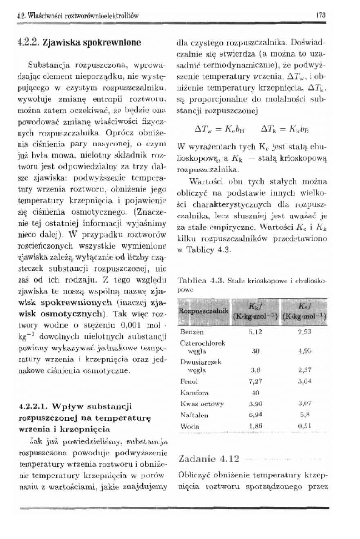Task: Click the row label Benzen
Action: [192, 331]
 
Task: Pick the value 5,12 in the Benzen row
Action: [256, 331]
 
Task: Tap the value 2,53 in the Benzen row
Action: [304, 331]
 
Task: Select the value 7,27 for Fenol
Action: [256, 382]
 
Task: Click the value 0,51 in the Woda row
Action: [304, 425]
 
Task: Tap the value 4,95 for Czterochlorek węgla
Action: [304, 351]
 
